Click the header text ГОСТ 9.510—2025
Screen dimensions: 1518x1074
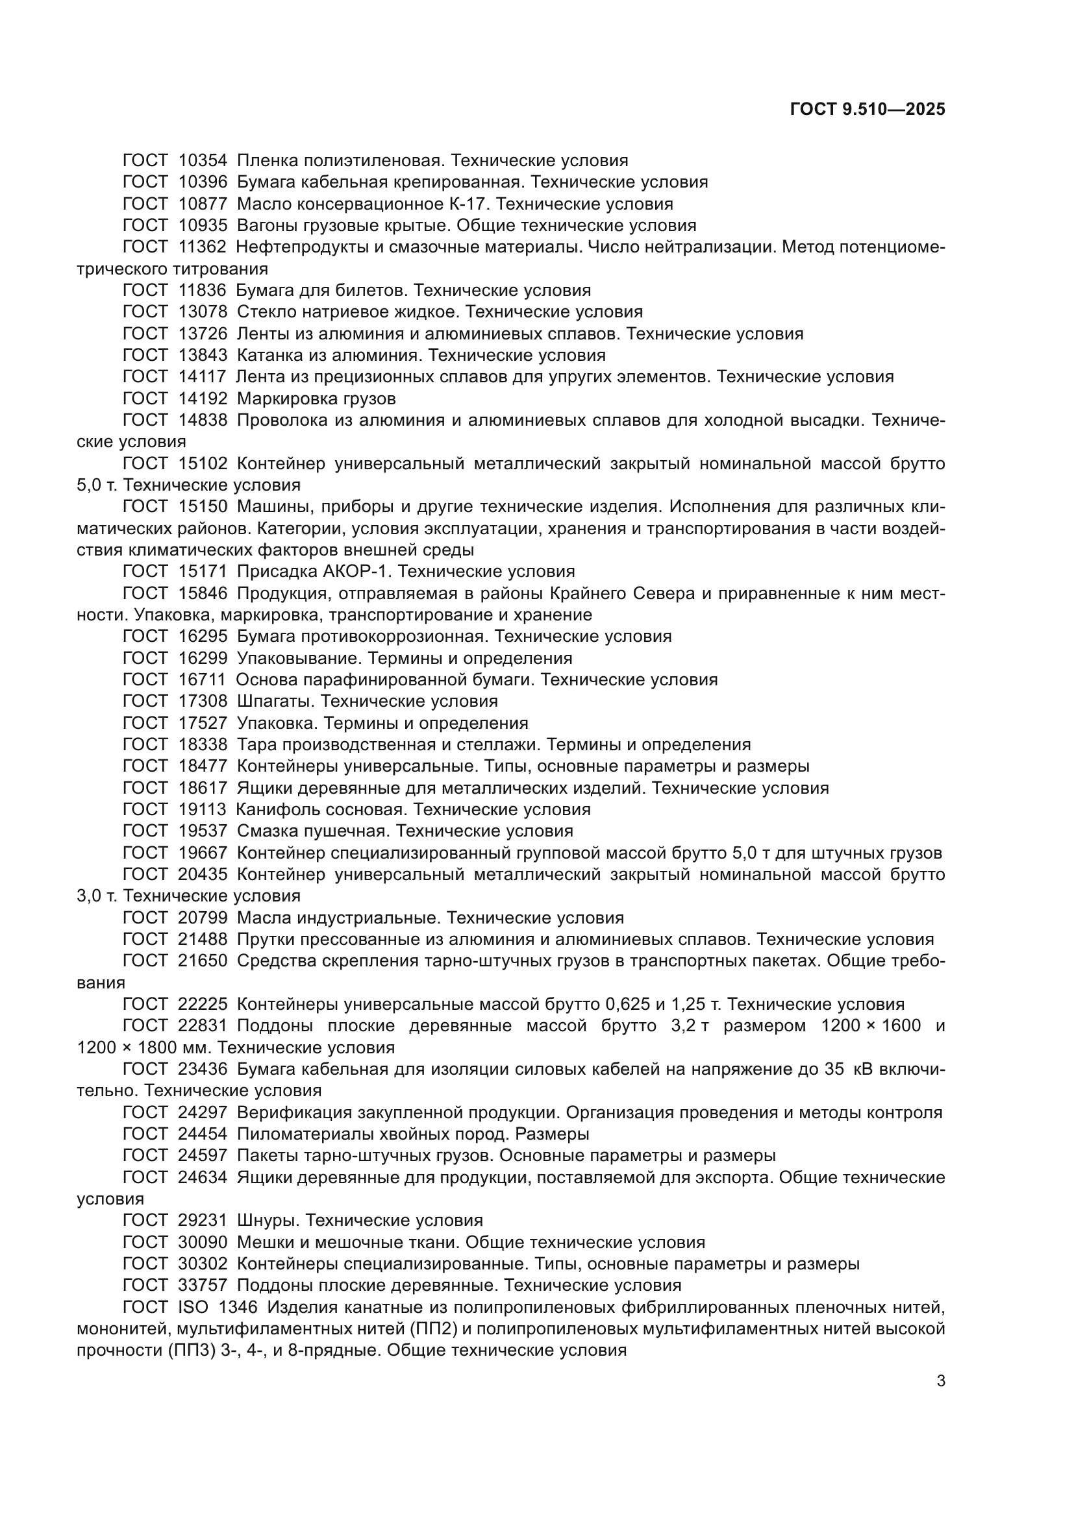tap(868, 110)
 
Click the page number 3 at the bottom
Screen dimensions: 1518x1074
tap(940, 1381)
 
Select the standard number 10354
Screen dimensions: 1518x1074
tap(203, 161)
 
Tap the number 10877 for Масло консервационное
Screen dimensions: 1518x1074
tap(203, 204)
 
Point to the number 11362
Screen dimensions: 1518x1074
tap(202, 247)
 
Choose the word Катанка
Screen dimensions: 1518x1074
tap(266, 355)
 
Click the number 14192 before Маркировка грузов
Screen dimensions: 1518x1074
tap(203, 398)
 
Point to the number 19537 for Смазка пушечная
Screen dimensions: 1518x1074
tap(203, 831)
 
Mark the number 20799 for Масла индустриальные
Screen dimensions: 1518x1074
tap(203, 918)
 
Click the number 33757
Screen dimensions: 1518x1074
tap(203, 1285)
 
